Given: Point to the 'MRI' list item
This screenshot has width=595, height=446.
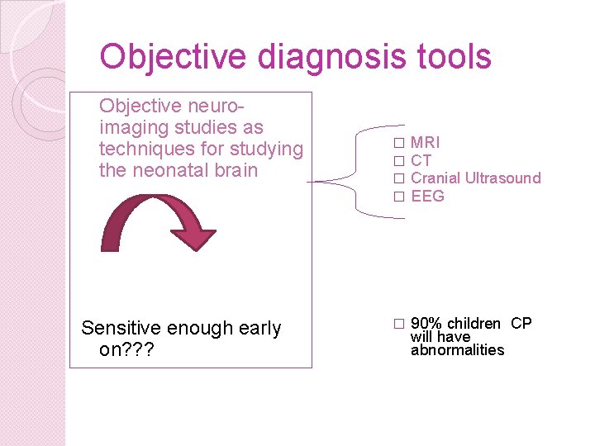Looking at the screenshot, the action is (x=425, y=143).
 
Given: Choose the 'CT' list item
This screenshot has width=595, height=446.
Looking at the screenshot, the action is (x=421, y=161).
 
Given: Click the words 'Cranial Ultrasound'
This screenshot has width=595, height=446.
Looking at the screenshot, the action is (x=475, y=178).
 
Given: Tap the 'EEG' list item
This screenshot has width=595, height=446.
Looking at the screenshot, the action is (x=427, y=197).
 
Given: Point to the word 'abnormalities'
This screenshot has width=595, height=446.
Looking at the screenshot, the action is (x=457, y=350).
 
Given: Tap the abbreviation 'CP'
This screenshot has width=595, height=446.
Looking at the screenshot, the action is (x=521, y=323).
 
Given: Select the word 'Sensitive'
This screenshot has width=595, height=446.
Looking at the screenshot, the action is (x=121, y=329).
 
